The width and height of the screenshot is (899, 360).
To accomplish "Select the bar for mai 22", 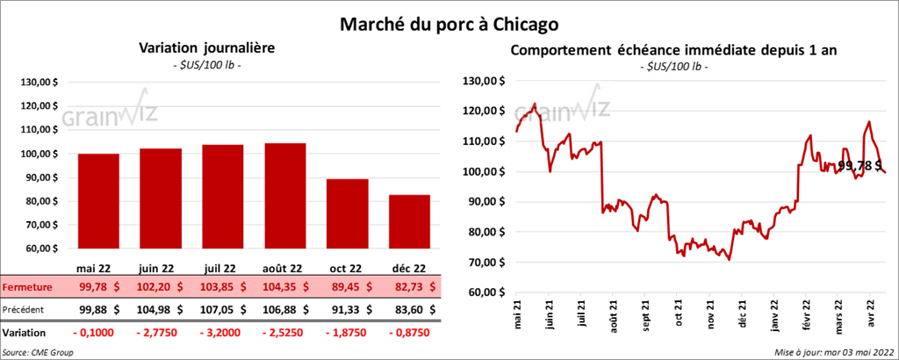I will tap(98, 202).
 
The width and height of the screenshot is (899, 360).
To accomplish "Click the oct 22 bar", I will tap(347, 215).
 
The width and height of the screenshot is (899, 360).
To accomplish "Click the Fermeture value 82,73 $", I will tap(408, 286).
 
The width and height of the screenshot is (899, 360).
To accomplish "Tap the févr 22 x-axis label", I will tap(805, 314).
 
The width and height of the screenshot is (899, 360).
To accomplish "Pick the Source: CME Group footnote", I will tap(38, 351).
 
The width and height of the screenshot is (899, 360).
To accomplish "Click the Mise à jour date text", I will tap(835, 351).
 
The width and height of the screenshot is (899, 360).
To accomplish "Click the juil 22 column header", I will tap(222, 269).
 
